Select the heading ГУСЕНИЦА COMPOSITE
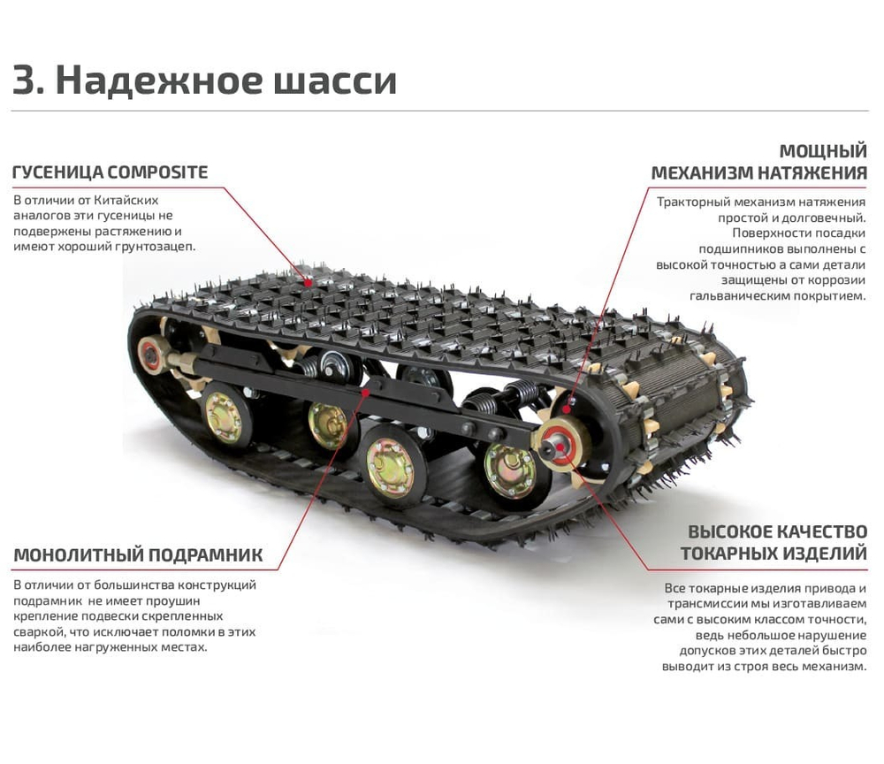coord(110,172)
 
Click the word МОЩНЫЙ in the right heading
coord(822,150)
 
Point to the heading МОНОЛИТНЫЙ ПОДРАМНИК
coord(138,555)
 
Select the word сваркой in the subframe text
coord(39,631)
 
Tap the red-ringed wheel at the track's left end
coord(151,355)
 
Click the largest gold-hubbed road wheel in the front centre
coord(390,466)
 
